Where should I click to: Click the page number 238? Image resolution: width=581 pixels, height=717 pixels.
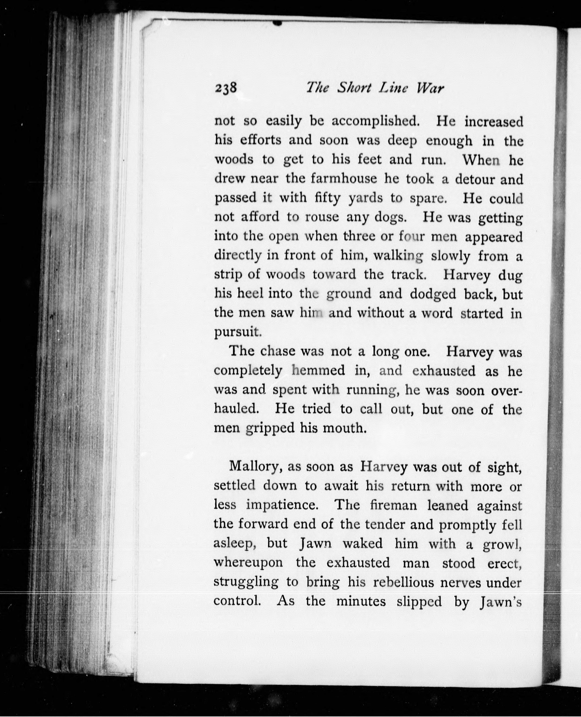click(x=226, y=88)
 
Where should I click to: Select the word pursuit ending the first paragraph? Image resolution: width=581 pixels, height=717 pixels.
click(x=237, y=332)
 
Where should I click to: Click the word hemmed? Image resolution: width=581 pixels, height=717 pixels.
click(x=318, y=371)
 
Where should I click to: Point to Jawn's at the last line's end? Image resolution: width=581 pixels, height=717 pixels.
click(x=501, y=602)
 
